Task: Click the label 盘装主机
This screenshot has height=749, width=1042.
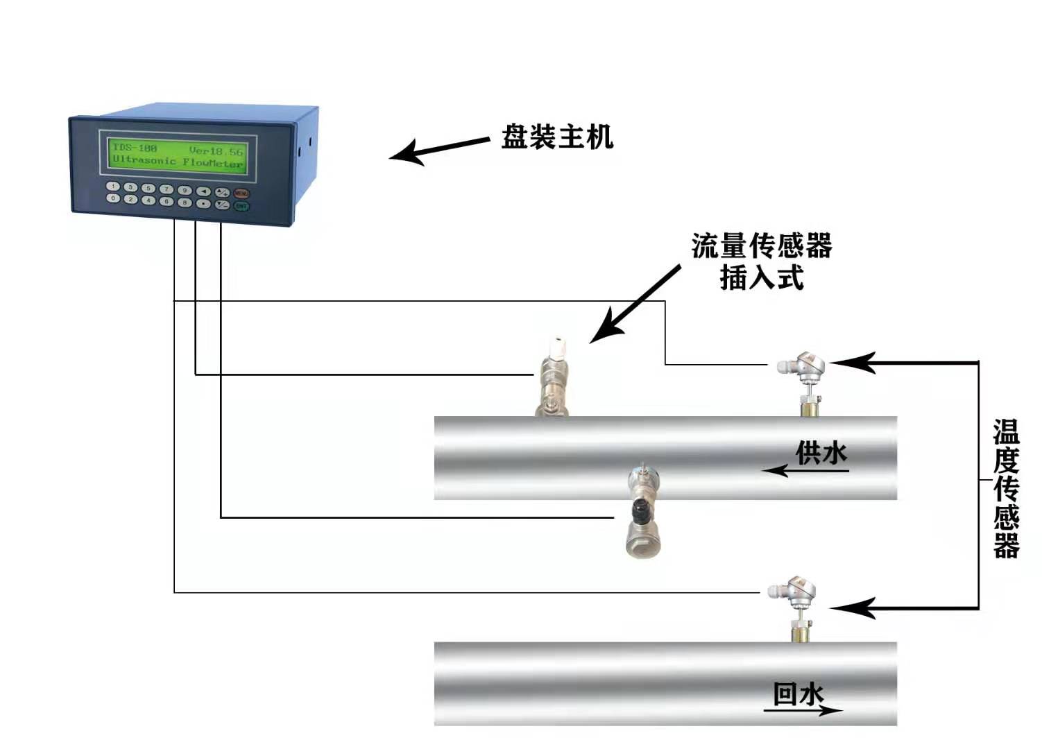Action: coord(557,137)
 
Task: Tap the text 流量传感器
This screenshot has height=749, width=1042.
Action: coord(761,246)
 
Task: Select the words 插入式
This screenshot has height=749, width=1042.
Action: coord(761,278)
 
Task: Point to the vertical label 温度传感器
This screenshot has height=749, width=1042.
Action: coord(1006,489)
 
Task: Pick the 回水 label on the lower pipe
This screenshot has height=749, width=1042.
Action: coord(798,694)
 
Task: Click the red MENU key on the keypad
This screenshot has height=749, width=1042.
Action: coord(241,193)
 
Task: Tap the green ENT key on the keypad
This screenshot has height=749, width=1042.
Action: coord(241,206)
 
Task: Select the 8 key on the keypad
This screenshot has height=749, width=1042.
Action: coord(185,202)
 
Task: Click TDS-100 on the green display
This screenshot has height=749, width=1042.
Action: coord(135,148)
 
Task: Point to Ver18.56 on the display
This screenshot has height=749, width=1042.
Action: coord(216,150)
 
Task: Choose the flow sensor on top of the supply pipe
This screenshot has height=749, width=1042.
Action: coord(553,378)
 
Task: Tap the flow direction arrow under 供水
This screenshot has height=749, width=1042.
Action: coord(805,472)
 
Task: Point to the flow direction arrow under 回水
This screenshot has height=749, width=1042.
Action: coord(805,710)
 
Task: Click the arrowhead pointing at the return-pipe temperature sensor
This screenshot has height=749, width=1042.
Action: coord(850,608)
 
